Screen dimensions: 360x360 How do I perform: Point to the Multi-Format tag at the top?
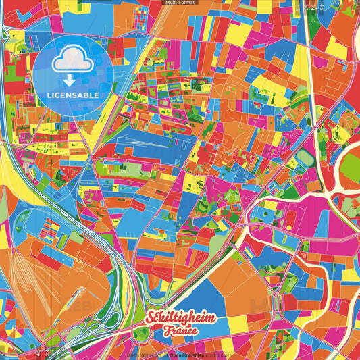tap(180, 3)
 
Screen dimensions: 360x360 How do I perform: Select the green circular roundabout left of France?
tap(143, 332)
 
